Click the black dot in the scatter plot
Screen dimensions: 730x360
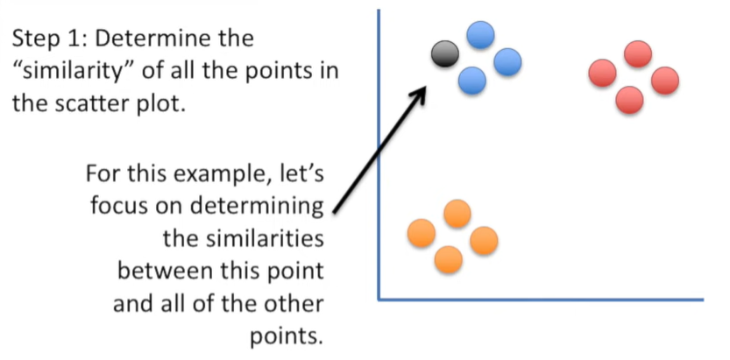[x=445, y=55]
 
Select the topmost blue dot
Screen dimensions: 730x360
[x=480, y=35]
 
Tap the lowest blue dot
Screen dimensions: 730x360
[x=472, y=80]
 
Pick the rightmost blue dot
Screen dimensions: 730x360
[x=507, y=61]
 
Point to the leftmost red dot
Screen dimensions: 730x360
[x=603, y=73]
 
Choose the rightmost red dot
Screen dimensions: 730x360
[x=665, y=81]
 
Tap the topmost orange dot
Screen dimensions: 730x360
[x=457, y=213]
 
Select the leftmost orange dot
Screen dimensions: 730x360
[x=422, y=233]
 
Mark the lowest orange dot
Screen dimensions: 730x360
[x=448, y=259]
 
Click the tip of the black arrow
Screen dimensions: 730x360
[x=425, y=85]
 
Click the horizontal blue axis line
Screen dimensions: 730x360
[x=543, y=300]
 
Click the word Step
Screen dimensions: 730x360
[x=39, y=40]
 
